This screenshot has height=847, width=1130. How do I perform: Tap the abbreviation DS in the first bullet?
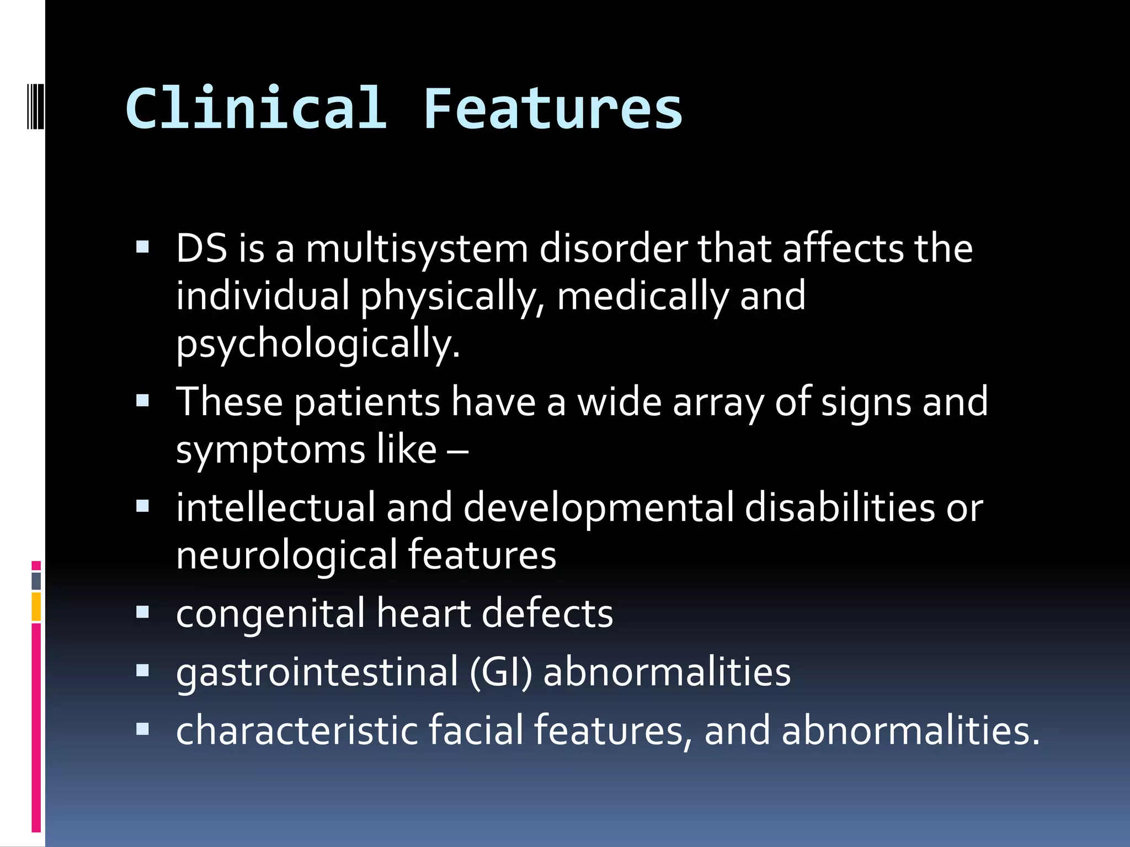201,249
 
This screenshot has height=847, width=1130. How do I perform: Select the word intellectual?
275,507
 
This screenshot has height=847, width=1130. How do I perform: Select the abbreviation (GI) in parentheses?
501,673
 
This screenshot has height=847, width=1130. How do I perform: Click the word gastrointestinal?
317,673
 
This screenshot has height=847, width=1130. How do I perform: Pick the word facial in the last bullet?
476,730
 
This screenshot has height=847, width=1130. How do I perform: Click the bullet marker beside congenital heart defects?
143,612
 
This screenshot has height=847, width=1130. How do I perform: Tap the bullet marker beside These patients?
143,400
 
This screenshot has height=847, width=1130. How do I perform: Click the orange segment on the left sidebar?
36,607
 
